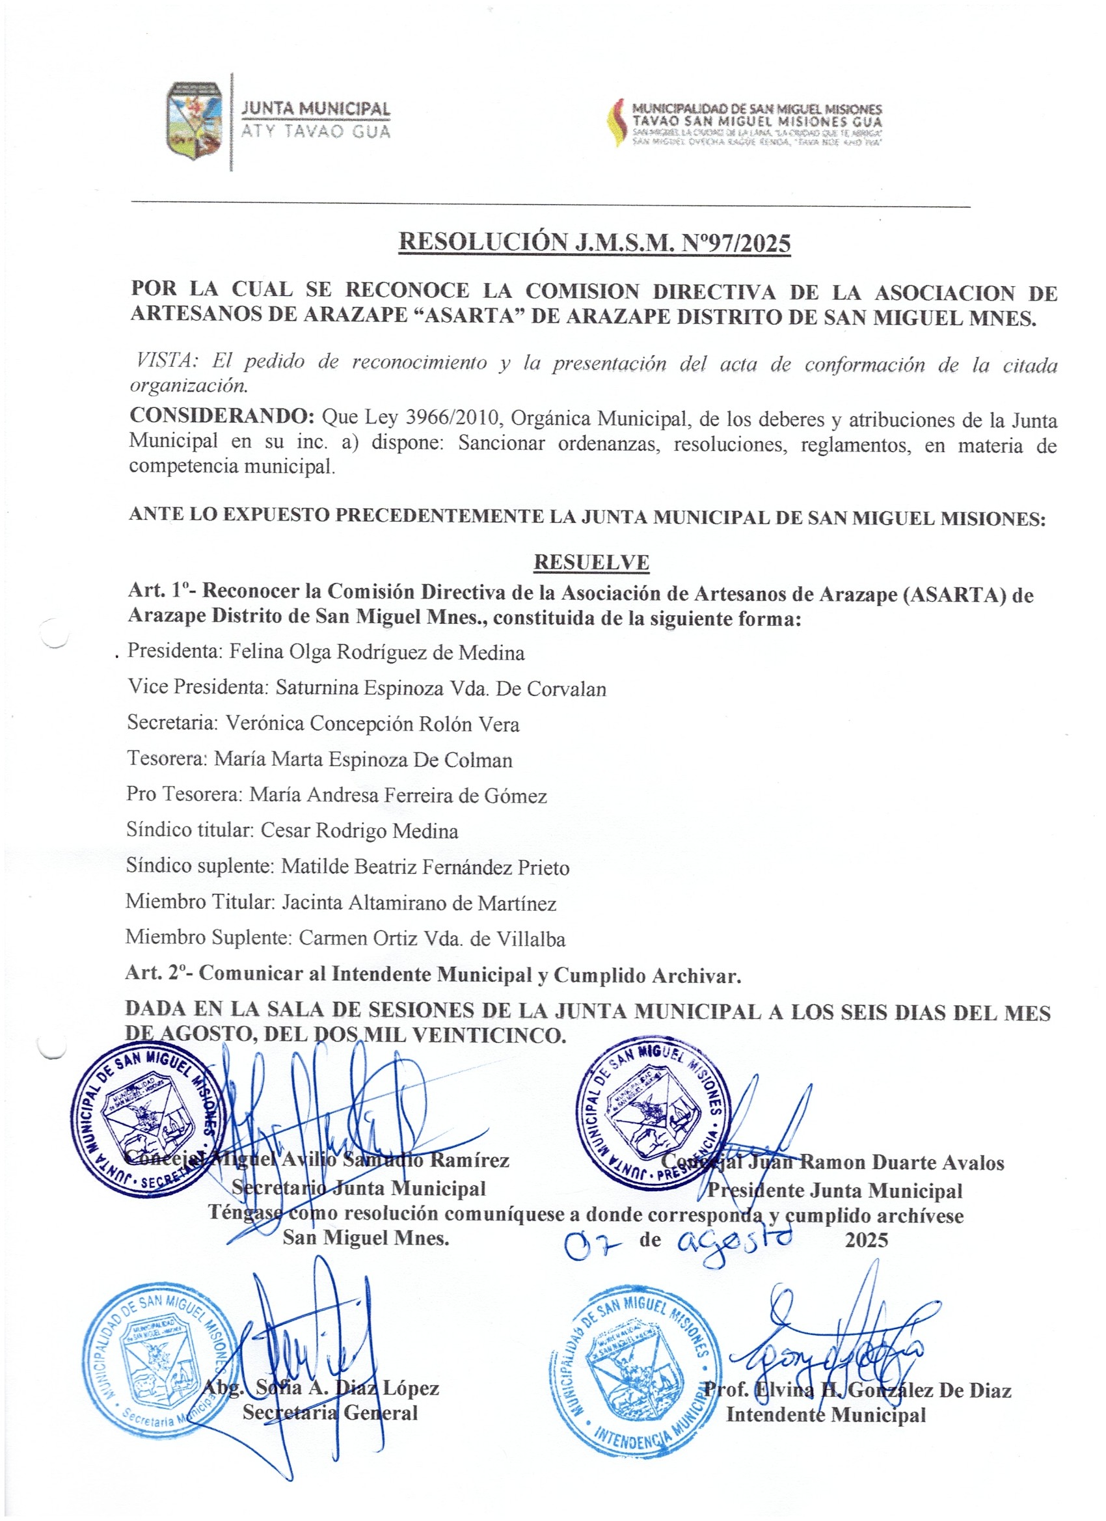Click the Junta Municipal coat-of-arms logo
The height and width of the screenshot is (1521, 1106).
[x=195, y=121]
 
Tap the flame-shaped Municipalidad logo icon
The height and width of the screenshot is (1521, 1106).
[x=615, y=123]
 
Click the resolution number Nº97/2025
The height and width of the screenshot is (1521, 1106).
[x=736, y=243]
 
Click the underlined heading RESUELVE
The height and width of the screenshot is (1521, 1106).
[x=591, y=562]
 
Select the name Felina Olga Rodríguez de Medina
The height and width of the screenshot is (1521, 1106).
[x=377, y=652]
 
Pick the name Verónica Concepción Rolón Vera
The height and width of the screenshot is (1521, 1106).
[x=372, y=723]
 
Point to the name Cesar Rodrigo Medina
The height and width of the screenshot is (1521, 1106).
[x=360, y=831]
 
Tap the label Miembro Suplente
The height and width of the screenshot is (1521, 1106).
[x=208, y=938]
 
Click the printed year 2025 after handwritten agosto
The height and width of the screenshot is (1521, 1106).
[x=866, y=1240]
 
